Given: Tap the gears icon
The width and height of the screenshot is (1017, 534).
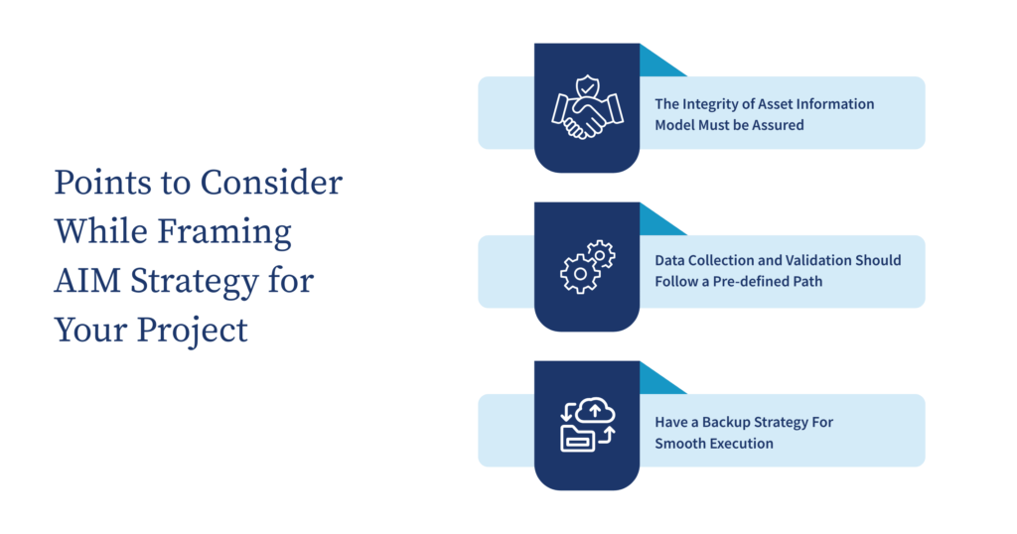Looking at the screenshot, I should click(586, 266).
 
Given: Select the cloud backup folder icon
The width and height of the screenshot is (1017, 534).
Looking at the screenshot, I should click(586, 425).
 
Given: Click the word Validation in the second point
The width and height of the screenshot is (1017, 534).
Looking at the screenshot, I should click(795, 260).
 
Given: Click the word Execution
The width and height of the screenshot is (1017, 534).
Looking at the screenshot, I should click(741, 444).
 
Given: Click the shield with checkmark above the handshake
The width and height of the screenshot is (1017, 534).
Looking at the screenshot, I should click(587, 82).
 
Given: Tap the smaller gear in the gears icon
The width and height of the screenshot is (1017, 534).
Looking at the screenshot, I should click(600, 254).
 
